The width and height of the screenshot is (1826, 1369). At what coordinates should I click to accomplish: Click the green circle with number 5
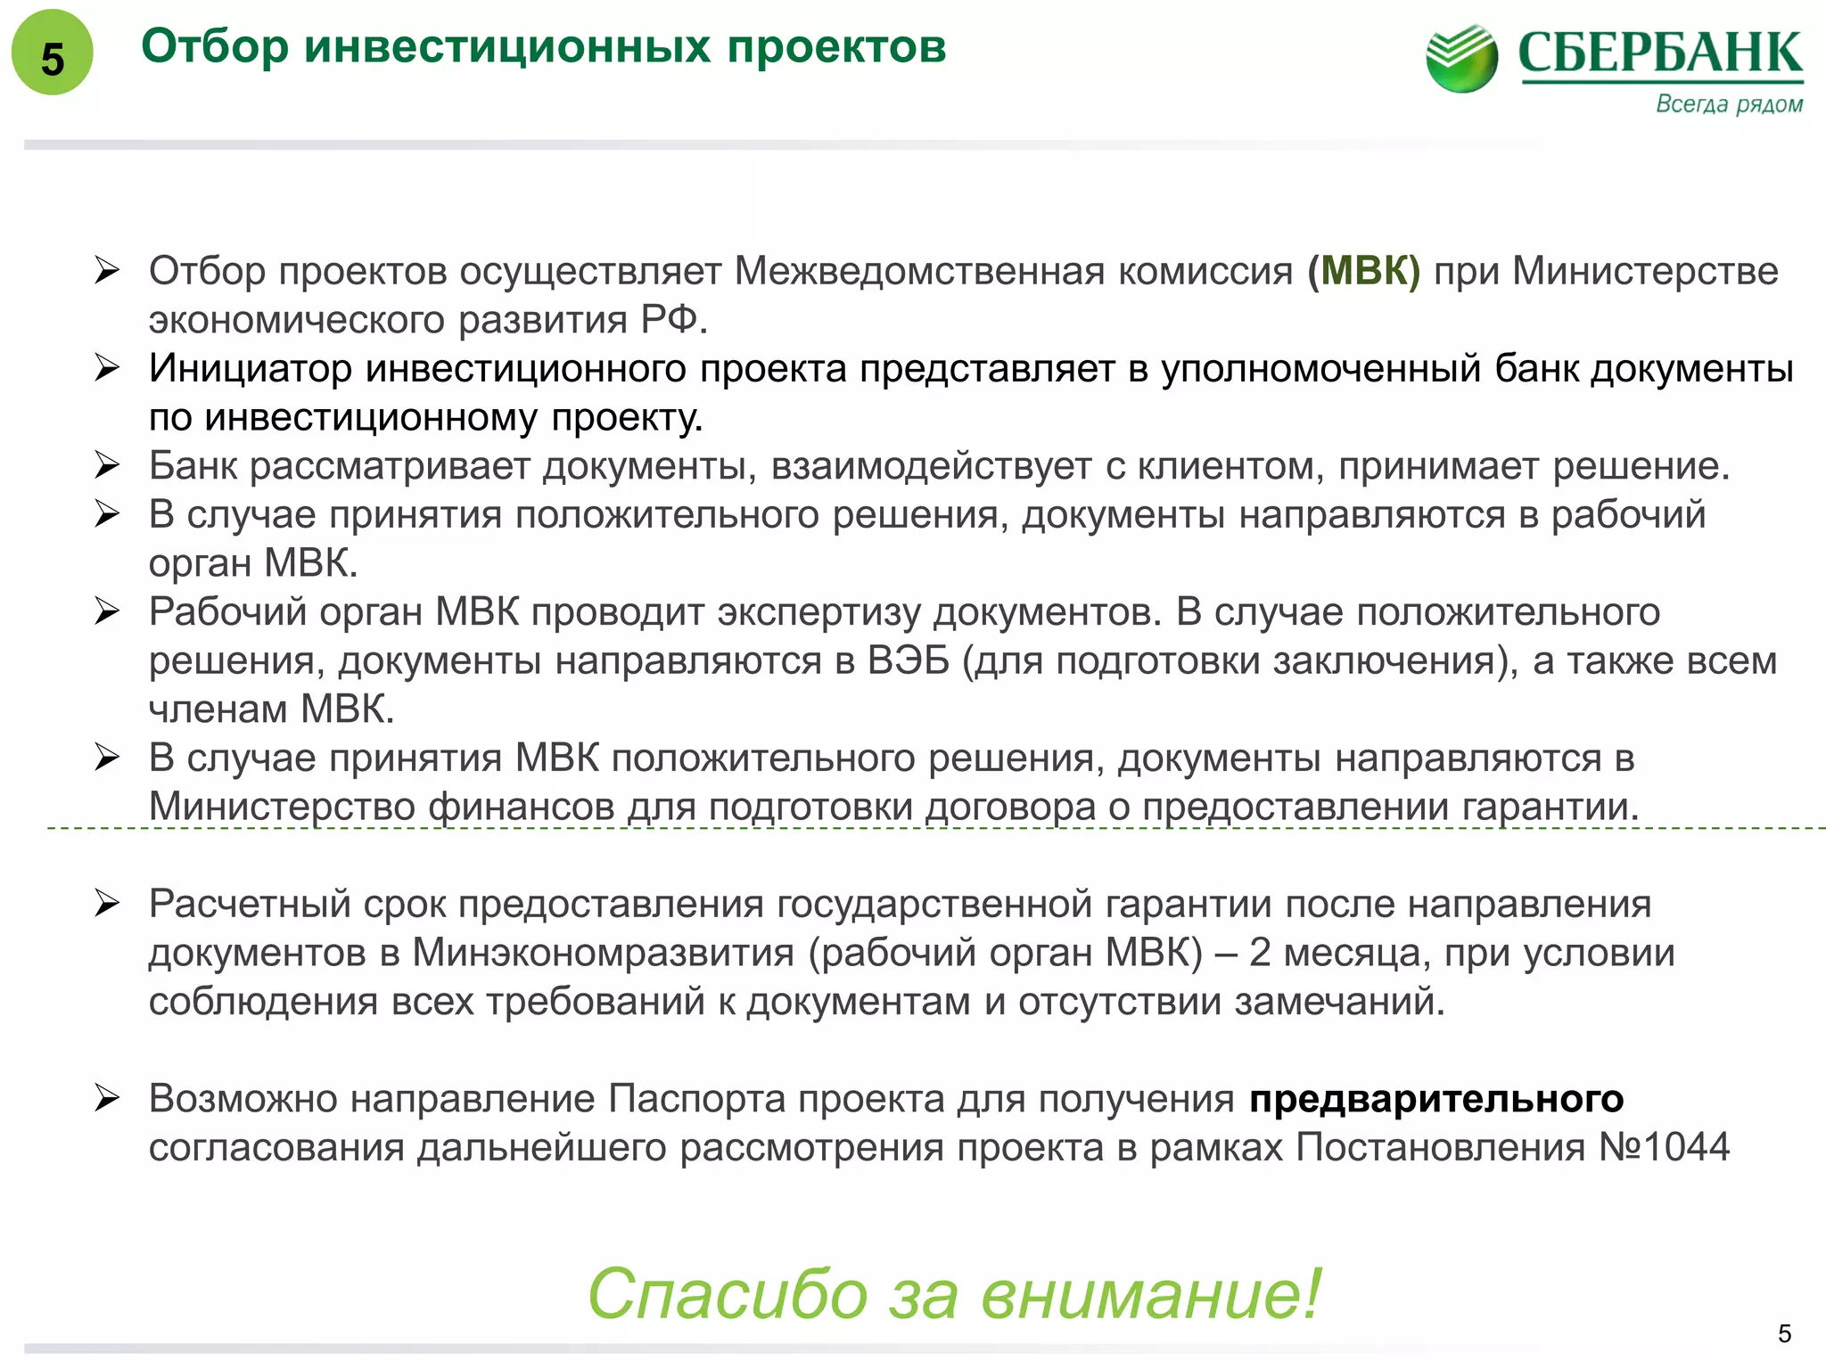pyautogui.click(x=52, y=53)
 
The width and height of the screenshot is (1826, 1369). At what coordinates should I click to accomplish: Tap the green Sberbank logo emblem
pyautogui.click(x=1462, y=58)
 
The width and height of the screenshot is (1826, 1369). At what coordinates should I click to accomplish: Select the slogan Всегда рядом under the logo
pyautogui.click(x=1729, y=104)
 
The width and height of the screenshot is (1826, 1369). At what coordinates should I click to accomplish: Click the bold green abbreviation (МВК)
pyautogui.click(x=1363, y=271)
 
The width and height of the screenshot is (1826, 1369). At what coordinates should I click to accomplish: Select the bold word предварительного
pyautogui.click(x=1435, y=1099)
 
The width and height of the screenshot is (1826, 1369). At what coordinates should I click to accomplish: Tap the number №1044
pyautogui.click(x=1664, y=1148)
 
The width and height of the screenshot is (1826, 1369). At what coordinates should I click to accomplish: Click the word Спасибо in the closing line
pyautogui.click(x=728, y=1294)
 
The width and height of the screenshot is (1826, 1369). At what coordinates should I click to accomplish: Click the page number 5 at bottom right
pyautogui.click(x=1784, y=1333)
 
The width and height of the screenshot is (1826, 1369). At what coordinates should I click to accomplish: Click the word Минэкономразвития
pyautogui.click(x=603, y=953)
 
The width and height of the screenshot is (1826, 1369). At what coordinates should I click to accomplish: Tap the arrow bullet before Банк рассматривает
pyautogui.click(x=107, y=465)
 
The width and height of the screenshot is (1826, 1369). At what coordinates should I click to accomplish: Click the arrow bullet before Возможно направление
pyautogui.click(x=107, y=1098)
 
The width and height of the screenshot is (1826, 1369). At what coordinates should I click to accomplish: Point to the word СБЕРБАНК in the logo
pyautogui.click(x=1660, y=53)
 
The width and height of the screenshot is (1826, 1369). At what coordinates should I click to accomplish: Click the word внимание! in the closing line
pyautogui.click(x=1150, y=1294)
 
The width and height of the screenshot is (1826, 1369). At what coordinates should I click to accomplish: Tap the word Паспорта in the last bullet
pyautogui.click(x=696, y=1099)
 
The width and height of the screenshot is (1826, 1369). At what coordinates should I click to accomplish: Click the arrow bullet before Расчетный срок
pyautogui.click(x=107, y=904)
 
